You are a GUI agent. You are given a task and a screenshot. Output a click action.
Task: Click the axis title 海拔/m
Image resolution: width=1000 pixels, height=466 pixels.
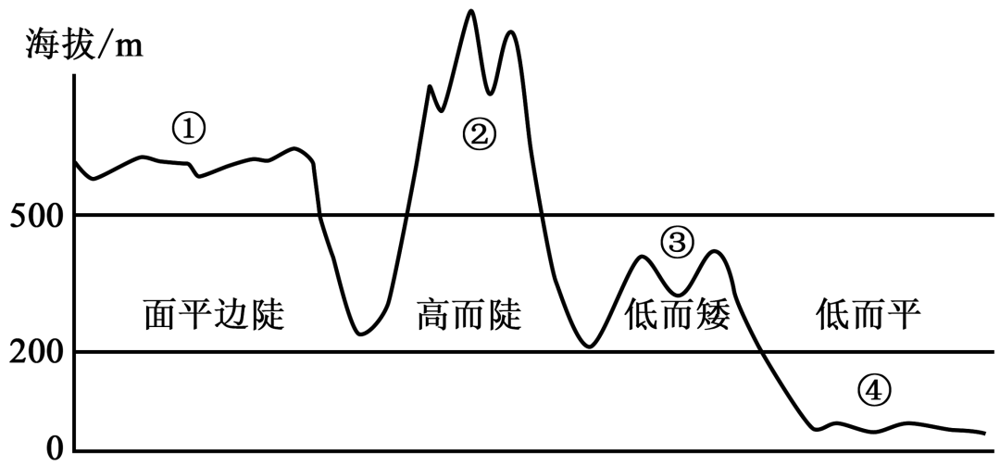click(x=85, y=45)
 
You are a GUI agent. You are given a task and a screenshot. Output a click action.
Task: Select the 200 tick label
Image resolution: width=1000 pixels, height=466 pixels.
click(x=36, y=353)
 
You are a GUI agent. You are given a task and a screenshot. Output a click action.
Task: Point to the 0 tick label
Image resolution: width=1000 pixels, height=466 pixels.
click(x=55, y=448)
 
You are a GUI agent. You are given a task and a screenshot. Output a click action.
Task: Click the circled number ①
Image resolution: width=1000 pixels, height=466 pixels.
click(x=189, y=129)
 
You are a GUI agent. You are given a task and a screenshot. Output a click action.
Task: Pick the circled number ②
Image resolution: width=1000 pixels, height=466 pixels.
click(x=479, y=134)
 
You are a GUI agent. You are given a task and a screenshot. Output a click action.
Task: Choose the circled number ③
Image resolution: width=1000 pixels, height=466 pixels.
click(x=677, y=243)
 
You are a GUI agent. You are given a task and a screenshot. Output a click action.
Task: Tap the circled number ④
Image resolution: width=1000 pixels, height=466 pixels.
click(x=873, y=391)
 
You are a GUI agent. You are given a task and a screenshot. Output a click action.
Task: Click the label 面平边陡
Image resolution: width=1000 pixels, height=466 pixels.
click(x=214, y=314)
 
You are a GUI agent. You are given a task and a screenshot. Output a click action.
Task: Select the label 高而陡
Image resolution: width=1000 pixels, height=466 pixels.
click(x=469, y=314)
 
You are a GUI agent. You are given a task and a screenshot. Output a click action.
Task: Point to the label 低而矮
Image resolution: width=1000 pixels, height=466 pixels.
click(x=677, y=314)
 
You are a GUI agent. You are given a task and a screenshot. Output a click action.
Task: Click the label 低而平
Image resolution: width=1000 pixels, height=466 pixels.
click(x=869, y=314)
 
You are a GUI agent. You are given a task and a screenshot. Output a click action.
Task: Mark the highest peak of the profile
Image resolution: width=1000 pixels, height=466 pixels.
click(x=470, y=11)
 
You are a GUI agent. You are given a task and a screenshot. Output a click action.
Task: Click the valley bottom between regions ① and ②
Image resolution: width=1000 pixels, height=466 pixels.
click(x=361, y=334)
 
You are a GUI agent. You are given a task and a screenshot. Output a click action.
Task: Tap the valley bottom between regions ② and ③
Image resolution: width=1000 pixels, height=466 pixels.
click(x=590, y=346)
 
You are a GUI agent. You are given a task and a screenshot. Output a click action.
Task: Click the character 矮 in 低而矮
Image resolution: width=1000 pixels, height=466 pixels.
click(x=713, y=314)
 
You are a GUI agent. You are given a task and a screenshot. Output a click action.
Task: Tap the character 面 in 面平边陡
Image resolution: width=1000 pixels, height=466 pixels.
click(x=160, y=314)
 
